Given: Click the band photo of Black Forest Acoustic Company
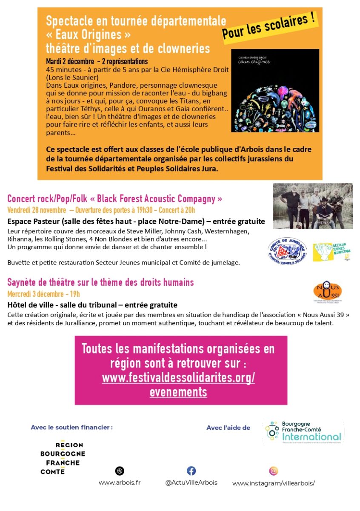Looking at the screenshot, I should (312, 206).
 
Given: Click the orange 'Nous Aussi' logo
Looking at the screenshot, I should (327, 292).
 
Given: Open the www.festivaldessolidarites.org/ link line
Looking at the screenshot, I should (178, 378).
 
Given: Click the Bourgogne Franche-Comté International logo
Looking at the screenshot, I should (303, 431).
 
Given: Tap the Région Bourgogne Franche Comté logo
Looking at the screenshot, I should (63, 457).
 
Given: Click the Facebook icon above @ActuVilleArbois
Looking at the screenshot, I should (191, 471).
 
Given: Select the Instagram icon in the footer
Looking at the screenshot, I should (273, 471).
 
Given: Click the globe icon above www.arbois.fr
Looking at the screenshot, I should (120, 471).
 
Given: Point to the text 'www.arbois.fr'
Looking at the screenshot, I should (120, 482).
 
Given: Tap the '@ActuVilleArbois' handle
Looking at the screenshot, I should (191, 482).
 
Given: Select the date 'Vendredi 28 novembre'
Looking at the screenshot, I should (37, 210).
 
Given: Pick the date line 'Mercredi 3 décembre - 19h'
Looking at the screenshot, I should (43, 294).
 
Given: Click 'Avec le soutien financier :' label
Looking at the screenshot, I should (71, 427).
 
